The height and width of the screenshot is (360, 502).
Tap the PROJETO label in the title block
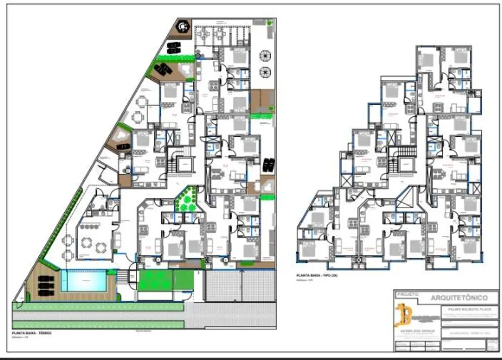click(407, 295)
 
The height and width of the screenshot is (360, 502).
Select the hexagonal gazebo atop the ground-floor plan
click(183, 25)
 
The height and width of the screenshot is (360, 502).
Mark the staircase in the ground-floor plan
click(181, 163)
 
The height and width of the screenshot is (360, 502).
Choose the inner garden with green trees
click(187, 199)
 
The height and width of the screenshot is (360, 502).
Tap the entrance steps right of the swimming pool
click(131, 275)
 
